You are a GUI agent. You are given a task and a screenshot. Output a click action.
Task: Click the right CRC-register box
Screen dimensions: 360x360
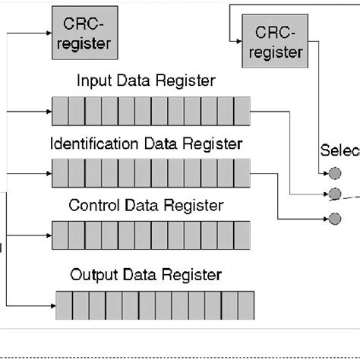point(274,41)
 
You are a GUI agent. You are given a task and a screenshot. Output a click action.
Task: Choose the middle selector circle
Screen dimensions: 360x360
point(333,192)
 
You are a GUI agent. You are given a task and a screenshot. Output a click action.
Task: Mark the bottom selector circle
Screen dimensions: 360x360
point(333,219)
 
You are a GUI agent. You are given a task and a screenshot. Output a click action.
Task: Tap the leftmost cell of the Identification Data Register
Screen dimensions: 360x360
point(60,172)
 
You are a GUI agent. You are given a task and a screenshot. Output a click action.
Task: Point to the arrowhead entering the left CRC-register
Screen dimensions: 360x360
point(47,33)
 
